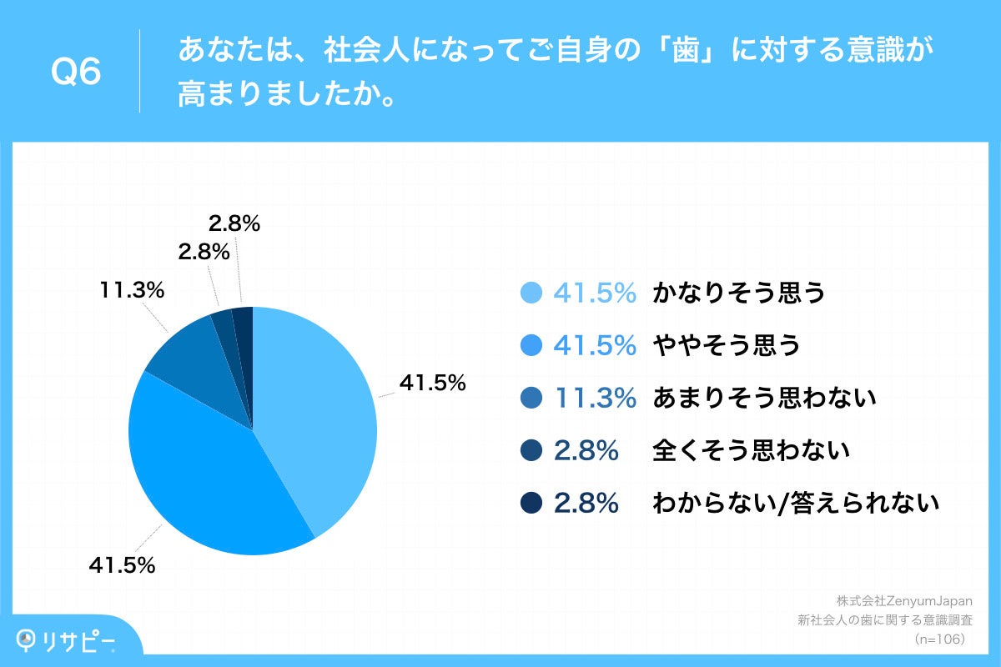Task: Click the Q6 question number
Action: (x=76, y=73)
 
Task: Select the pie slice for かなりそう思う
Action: (x=317, y=409)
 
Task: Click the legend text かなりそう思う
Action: (x=739, y=293)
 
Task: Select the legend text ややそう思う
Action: (x=727, y=345)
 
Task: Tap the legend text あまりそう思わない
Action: (x=764, y=398)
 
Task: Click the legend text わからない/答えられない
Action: (x=796, y=504)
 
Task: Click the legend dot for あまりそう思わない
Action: (x=531, y=398)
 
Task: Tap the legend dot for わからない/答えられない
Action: (x=531, y=504)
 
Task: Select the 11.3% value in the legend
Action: (x=595, y=398)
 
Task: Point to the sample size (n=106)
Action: (x=939, y=639)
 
